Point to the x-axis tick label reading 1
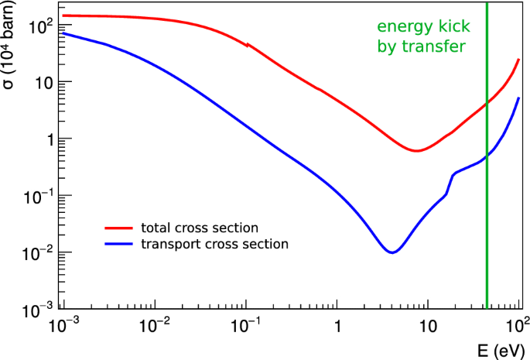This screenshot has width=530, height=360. point(337,325)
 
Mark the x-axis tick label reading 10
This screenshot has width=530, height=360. point(428,325)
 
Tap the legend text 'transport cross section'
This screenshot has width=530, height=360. point(214,244)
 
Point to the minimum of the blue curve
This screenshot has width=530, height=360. point(393,252)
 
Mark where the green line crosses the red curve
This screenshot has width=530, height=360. point(487,104)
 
